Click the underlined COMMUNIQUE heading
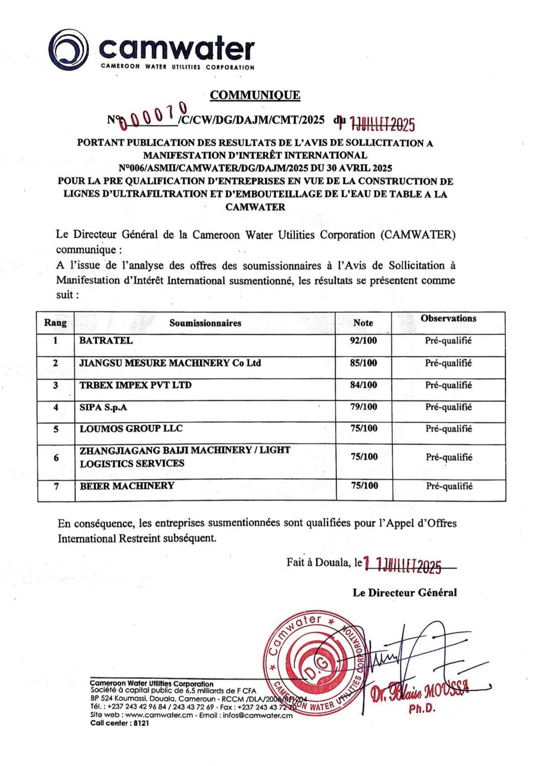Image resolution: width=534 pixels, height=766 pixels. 255,95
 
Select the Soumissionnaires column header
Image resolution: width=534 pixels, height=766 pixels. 205,323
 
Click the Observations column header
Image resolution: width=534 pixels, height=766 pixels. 448,318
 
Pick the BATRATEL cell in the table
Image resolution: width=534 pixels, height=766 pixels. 106,341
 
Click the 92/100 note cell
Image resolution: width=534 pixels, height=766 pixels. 363,341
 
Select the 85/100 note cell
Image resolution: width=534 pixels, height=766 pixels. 363,363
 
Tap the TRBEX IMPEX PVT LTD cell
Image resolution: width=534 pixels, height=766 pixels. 135,385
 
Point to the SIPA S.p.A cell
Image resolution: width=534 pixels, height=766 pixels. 103,407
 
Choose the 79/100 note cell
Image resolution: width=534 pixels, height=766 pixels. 363,407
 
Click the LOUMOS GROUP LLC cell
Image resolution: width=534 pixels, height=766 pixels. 131,428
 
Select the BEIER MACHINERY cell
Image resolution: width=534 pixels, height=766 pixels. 127,485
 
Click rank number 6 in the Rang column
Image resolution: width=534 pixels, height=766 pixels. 56,457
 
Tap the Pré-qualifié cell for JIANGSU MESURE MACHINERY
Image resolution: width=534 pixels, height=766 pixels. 448,363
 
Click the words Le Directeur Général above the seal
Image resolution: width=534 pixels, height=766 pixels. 404,593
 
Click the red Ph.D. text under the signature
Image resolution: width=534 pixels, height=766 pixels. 421,709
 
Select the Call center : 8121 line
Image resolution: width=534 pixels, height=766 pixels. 119,723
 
